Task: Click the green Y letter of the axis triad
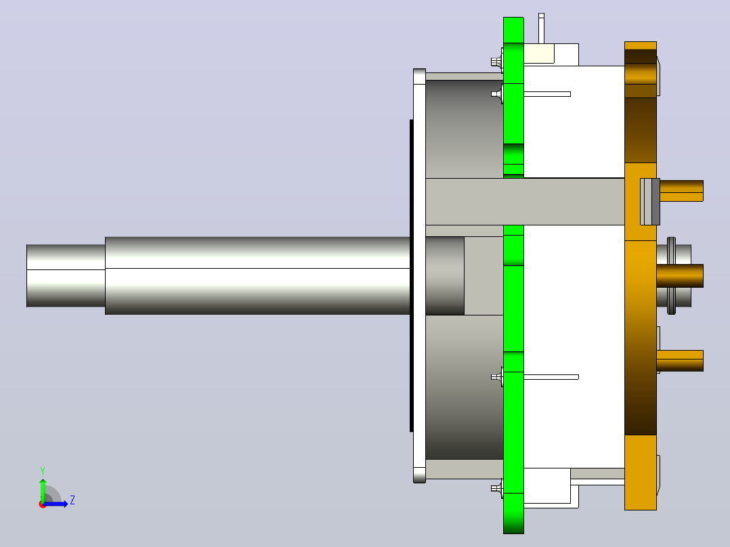[43, 471]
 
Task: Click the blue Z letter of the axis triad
[72, 500]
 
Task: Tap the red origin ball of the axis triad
[43, 504]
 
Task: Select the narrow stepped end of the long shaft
[66, 276]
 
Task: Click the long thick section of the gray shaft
[257, 276]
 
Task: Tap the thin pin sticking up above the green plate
[541, 28]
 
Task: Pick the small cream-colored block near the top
[539, 53]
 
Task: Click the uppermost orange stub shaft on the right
[681, 191]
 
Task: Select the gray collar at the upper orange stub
[650, 202]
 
